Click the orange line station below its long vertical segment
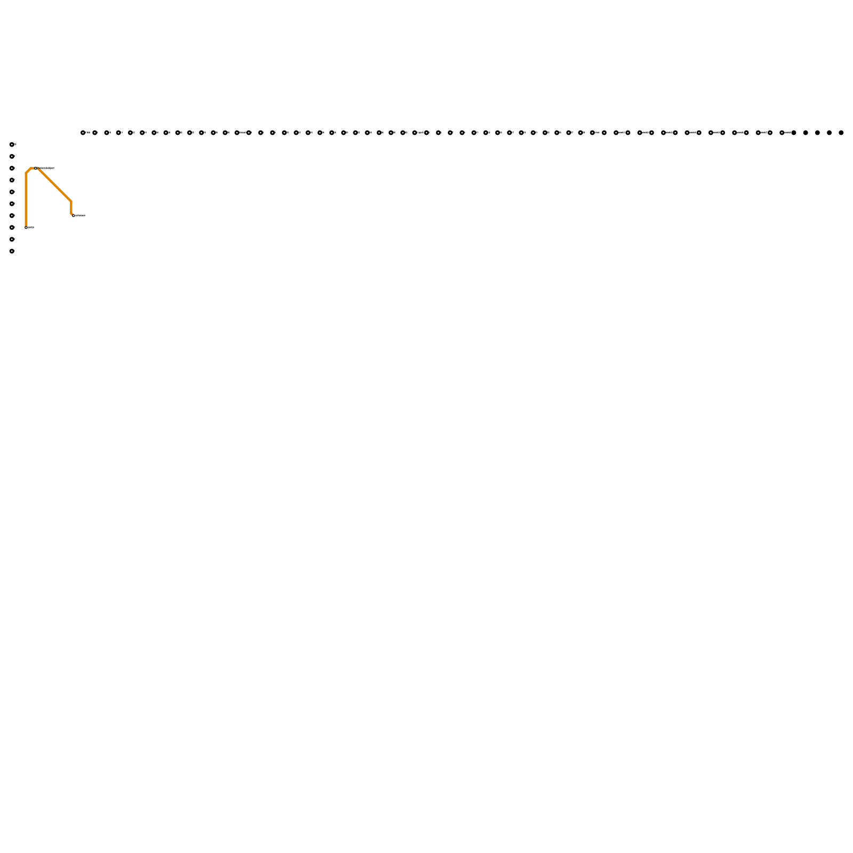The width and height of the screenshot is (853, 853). (x=26, y=228)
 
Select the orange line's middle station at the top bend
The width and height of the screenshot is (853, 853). (x=36, y=168)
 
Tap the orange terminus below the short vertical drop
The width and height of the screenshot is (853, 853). (x=73, y=215)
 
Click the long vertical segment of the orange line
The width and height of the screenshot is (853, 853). (x=26, y=200)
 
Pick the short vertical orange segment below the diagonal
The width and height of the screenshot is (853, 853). (x=71, y=207)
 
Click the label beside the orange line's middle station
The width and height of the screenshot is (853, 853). (x=47, y=168)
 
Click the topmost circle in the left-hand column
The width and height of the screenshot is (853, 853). (x=12, y=144)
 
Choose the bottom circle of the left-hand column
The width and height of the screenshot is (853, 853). (x=12, y=251)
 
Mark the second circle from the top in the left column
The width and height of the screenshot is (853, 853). (x=12, y=156)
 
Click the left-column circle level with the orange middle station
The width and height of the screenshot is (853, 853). (x=12, y=168)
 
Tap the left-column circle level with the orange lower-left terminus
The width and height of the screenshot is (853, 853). (x=12, y=228)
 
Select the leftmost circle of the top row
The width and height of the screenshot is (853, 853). (x=83, y=133)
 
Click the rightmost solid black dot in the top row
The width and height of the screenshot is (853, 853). (x=841, y=133)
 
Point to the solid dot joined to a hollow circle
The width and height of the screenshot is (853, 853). (x=794, y=133)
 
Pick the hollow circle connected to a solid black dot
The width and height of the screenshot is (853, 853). (x=782, y=133)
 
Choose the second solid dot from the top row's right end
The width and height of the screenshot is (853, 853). (x=830, y=133)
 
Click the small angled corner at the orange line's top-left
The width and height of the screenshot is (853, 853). (x=28, y=171)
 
